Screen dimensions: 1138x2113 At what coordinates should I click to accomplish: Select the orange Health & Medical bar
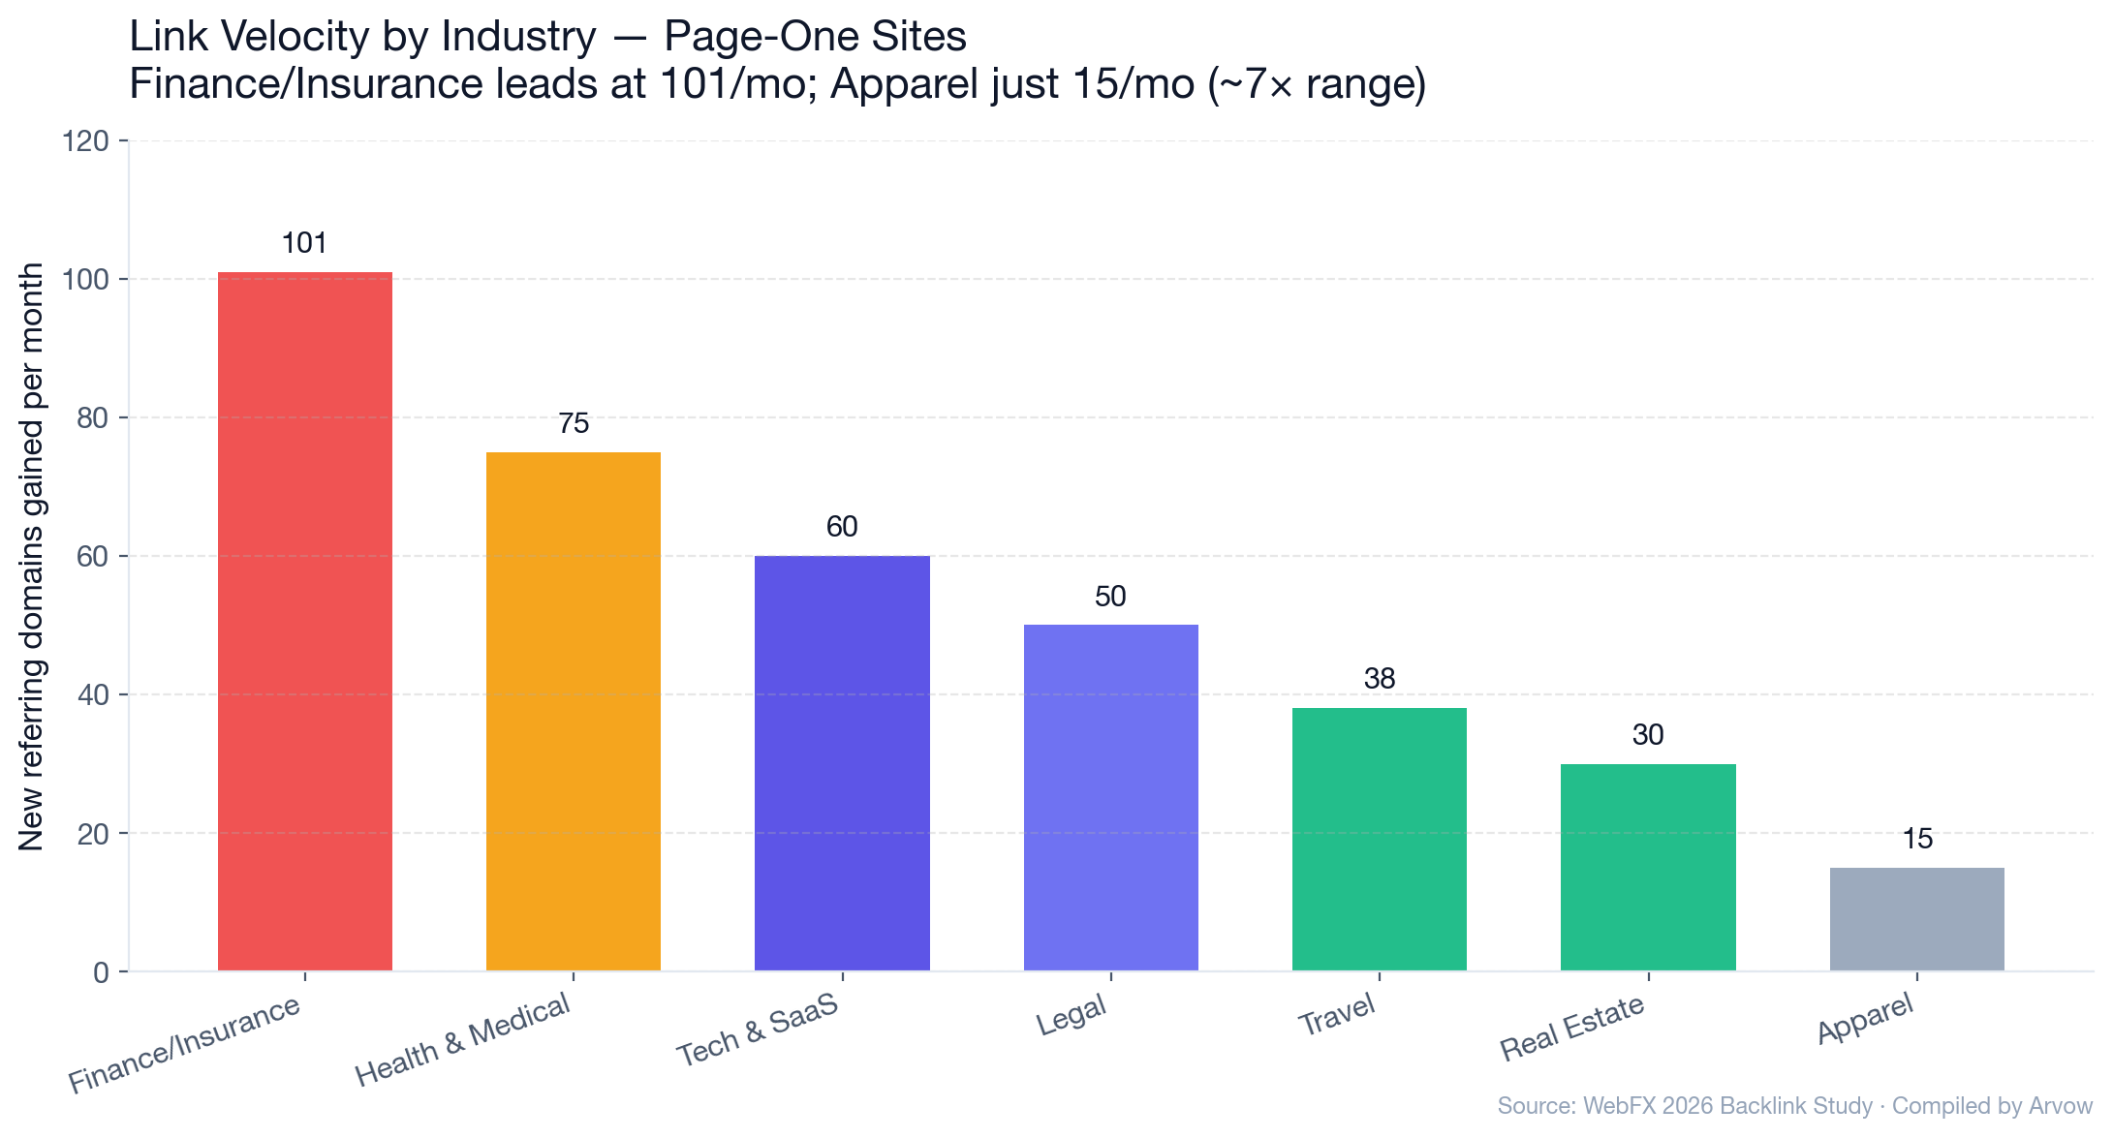click(573, 712)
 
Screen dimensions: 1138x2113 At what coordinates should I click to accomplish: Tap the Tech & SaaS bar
click(842, 763)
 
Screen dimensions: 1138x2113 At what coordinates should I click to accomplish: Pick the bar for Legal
click(1110, 797)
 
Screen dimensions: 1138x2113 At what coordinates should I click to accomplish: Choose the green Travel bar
click(1379, 839)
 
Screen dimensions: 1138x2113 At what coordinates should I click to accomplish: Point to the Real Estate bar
click(1647, 867)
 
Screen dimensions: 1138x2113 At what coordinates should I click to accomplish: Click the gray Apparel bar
click(1916, 919)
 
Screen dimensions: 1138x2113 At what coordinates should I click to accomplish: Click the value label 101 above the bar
click(304, 243)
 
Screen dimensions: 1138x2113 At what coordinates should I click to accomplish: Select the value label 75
click(573, 423)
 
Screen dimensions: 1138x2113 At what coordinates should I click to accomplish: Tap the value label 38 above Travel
click(1379, 679)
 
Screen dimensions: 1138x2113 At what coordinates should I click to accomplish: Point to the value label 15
click(1916, 839)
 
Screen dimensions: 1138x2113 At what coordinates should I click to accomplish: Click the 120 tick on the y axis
click(85, 142)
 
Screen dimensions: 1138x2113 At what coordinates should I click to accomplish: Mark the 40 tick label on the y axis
click(92, 695)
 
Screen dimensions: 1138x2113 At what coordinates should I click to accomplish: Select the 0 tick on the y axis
click(101, 972)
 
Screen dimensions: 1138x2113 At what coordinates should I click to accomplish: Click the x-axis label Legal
click(1072, 1016)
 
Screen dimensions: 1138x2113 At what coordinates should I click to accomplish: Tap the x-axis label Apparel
click(1866, 1020)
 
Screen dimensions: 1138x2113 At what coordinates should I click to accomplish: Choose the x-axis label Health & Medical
click(463, 1040)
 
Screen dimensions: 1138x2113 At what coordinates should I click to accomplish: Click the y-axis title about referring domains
click(31, 557)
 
